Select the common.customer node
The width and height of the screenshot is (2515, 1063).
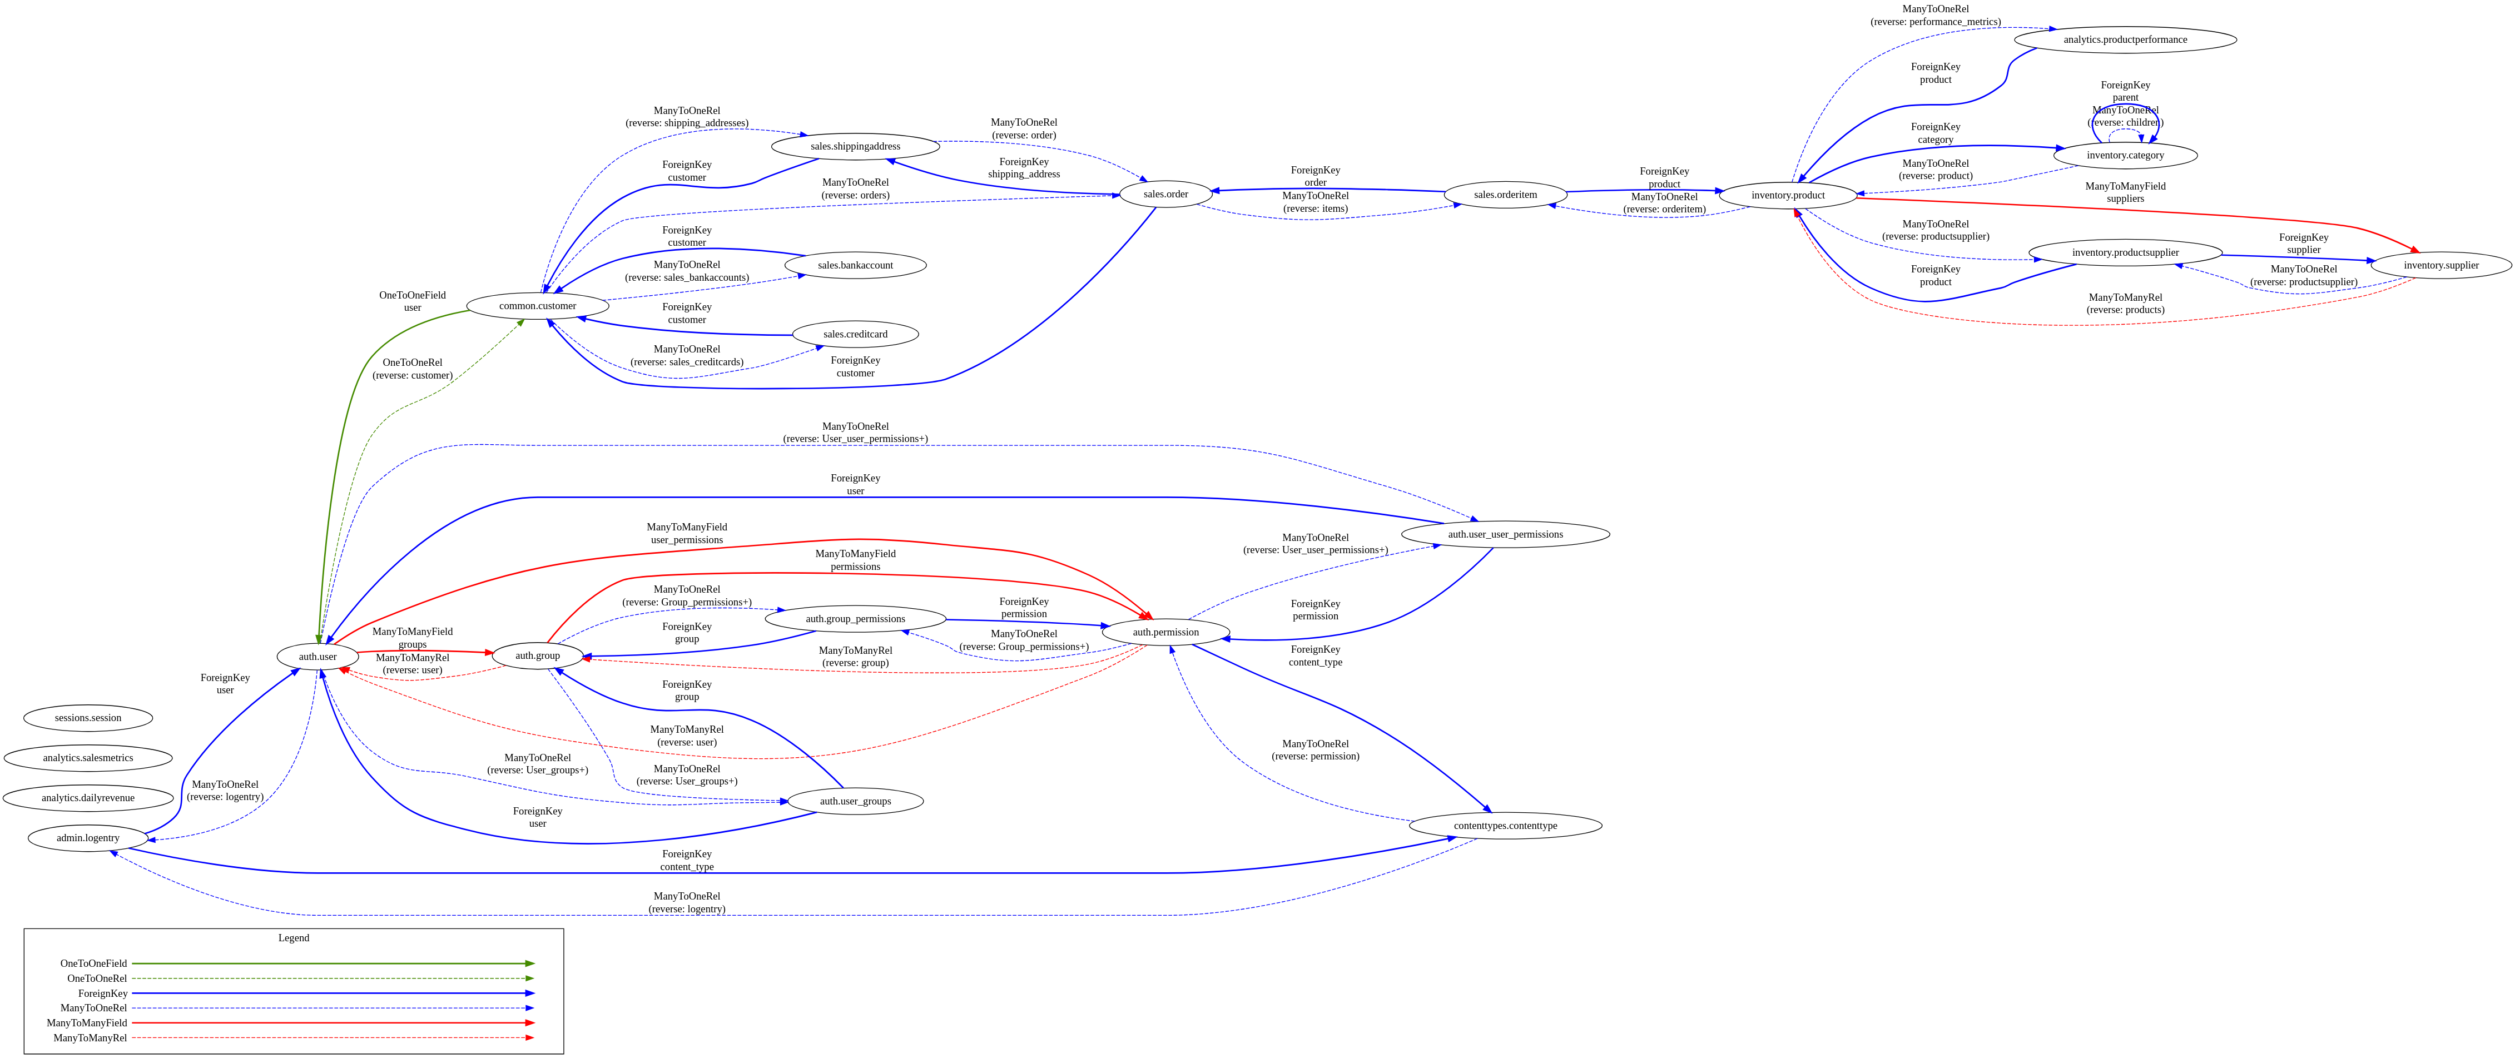click(537, 306)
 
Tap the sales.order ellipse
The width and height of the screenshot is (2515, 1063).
click(1165, 194)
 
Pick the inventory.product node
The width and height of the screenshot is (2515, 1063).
click(1788, 195)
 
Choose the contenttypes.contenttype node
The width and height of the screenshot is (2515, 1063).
click(1505, 826)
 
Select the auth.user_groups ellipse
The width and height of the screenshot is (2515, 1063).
click(855, 801)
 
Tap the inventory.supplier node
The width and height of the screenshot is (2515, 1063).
click(2441, 266)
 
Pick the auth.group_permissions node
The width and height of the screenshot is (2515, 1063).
click(855, 619)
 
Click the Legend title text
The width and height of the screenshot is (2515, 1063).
click(294, 938)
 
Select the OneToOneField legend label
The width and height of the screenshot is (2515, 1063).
click(94, 963)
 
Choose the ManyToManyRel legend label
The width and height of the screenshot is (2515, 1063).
click(90, 1037)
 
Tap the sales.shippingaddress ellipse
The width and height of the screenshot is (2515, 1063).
click(855, 146)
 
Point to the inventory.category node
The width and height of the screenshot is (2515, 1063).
click(2125, 155)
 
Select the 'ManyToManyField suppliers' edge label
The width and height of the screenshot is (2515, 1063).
click(2125, 192)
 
